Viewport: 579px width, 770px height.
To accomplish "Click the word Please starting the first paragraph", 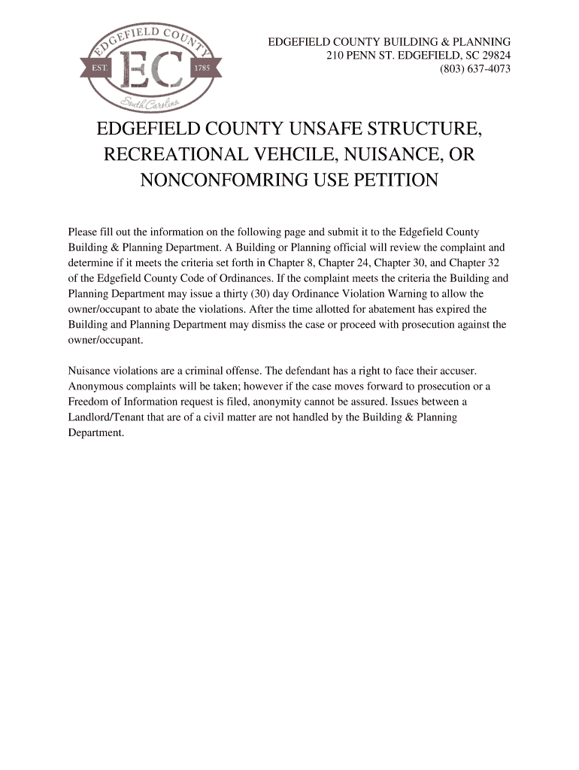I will pyautogui.click(x=83, y=232).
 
